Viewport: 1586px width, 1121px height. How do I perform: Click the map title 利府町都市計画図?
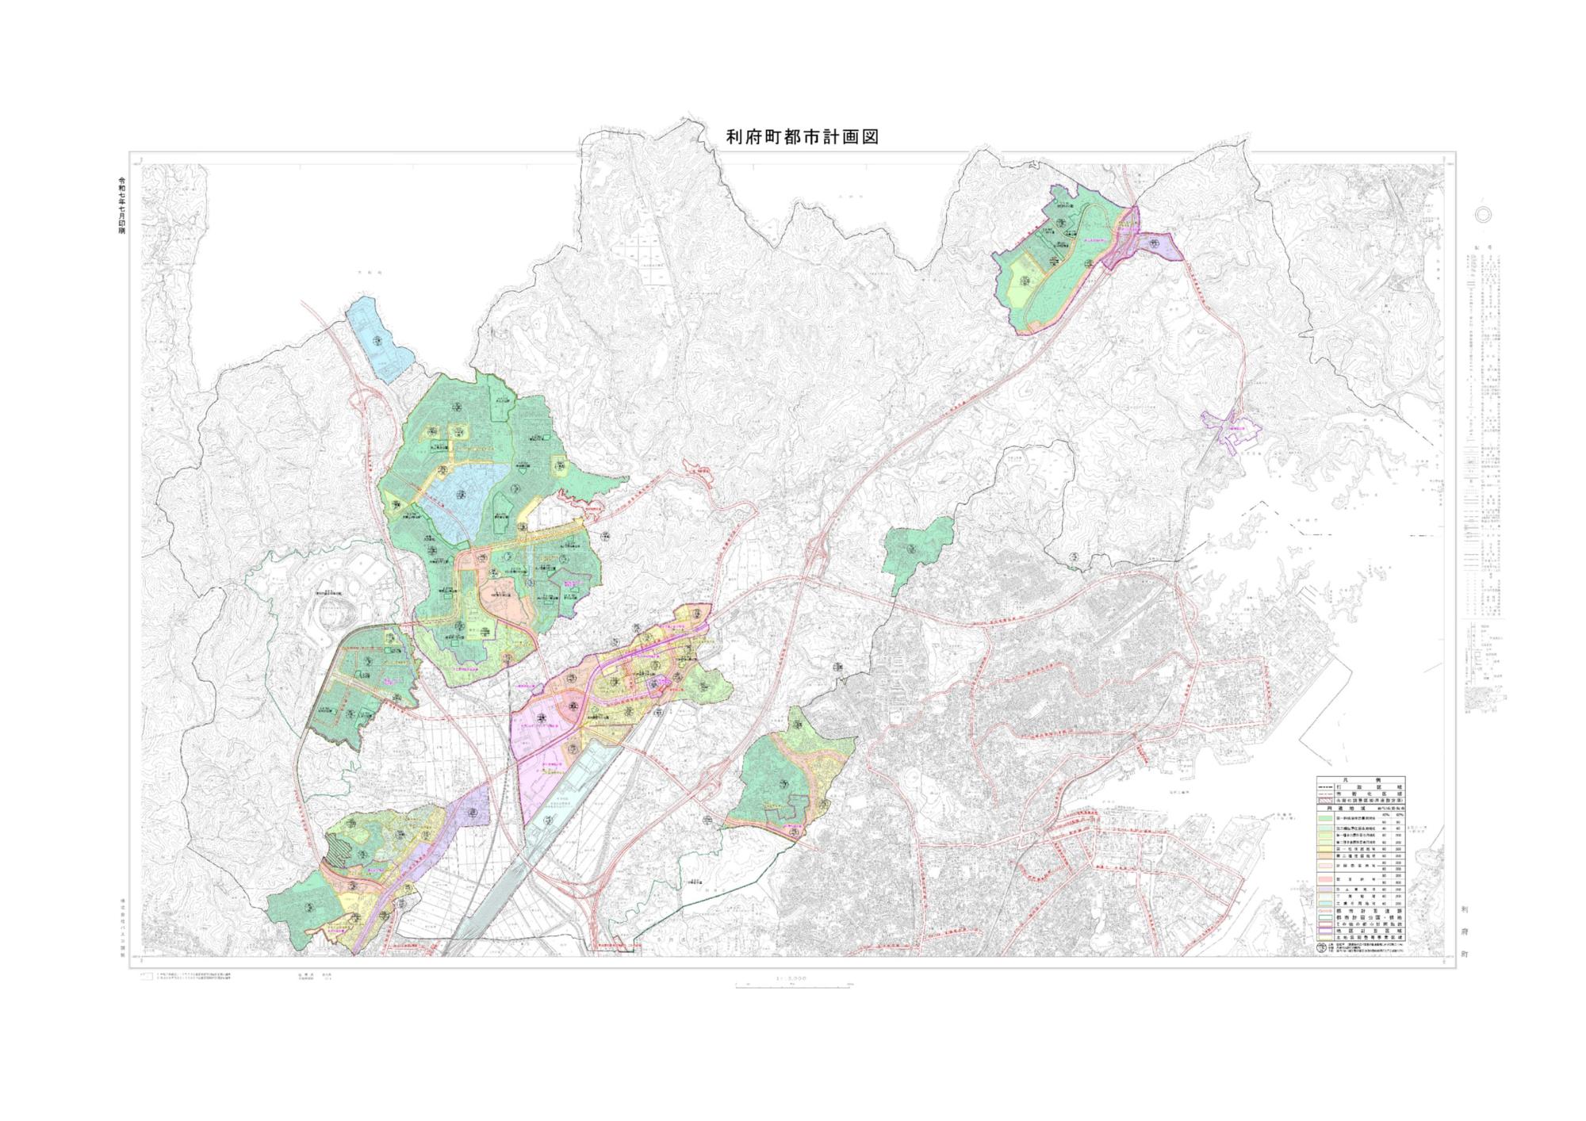[x=803, y=137]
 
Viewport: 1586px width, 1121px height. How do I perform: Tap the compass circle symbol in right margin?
[x=1484, y=214]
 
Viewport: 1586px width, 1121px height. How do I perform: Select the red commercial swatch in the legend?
[x=1326, y=879]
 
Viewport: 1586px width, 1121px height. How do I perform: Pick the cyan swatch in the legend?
[x=1326, y=903]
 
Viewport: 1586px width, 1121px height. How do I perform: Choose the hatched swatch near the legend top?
[x=1326, y=801]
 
